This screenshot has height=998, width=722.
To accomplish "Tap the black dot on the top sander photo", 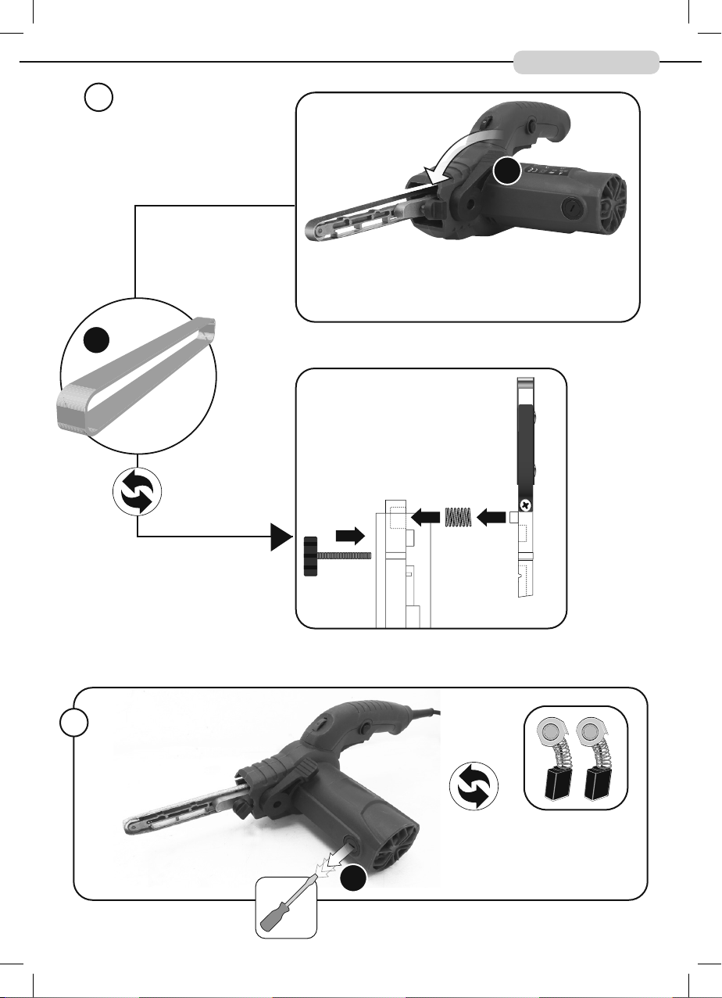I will (x=506, y=171).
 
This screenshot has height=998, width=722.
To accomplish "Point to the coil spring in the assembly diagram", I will (x=457, y=517).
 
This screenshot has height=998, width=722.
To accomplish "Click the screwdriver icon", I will (x=287, y=907).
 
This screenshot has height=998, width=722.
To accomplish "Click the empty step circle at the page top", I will (x=98, y=98).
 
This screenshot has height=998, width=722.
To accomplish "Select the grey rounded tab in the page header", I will (x=586, y=62).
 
